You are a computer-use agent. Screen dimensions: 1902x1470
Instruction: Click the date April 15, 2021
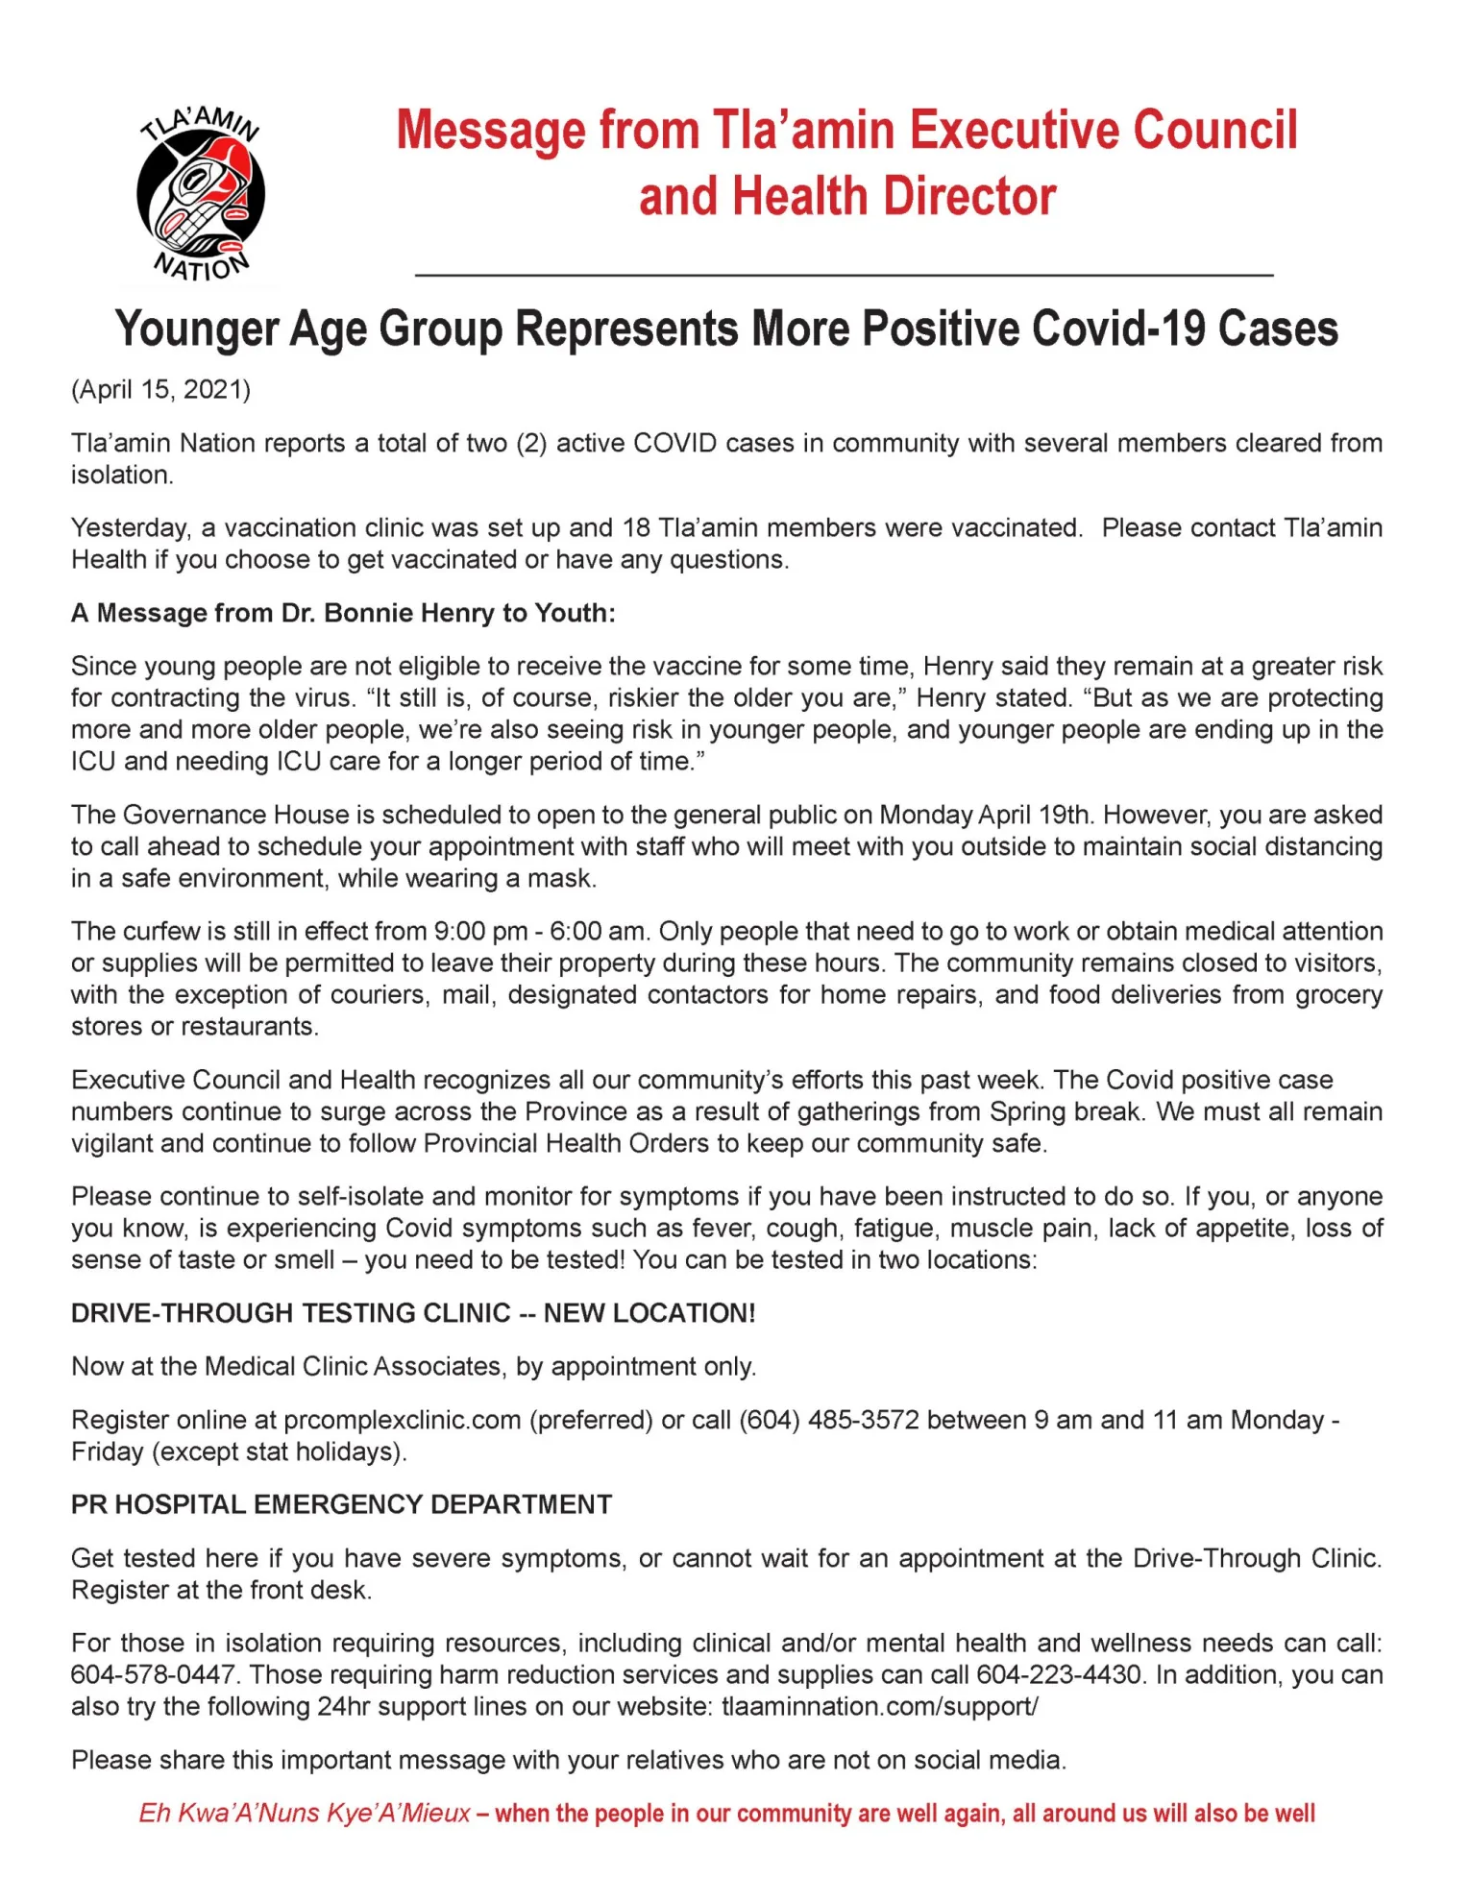coord(161,390)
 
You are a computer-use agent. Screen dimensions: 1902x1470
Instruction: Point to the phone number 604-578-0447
coord(154,1674)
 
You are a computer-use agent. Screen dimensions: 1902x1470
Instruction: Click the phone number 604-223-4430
coord(1059,1674)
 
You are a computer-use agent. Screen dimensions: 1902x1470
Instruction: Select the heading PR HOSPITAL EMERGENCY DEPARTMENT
coord(341,1504)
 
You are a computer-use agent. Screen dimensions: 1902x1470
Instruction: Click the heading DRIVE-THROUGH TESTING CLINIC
coord(291,1313)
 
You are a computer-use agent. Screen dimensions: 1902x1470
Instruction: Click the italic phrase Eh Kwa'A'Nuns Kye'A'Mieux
coord(305,1813)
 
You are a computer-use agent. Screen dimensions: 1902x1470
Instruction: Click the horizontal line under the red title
coord(844,276)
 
